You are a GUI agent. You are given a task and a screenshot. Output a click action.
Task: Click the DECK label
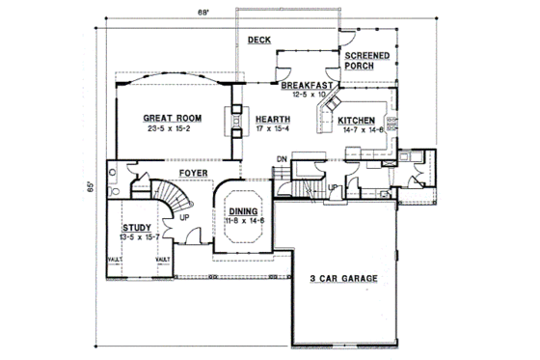(257, 41)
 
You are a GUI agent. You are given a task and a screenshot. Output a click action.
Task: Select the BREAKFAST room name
(307, 86)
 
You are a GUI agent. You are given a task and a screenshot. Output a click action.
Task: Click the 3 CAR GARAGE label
(343, 279)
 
